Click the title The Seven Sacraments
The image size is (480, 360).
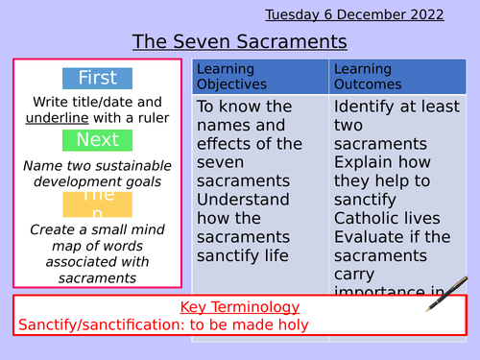[239, 42]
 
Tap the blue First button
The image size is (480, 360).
[97, 79]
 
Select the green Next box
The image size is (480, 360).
[97, 140]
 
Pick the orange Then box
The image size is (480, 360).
[97, 203]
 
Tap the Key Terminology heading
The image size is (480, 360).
[239, 307]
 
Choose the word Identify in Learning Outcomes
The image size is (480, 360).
[368, 106]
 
